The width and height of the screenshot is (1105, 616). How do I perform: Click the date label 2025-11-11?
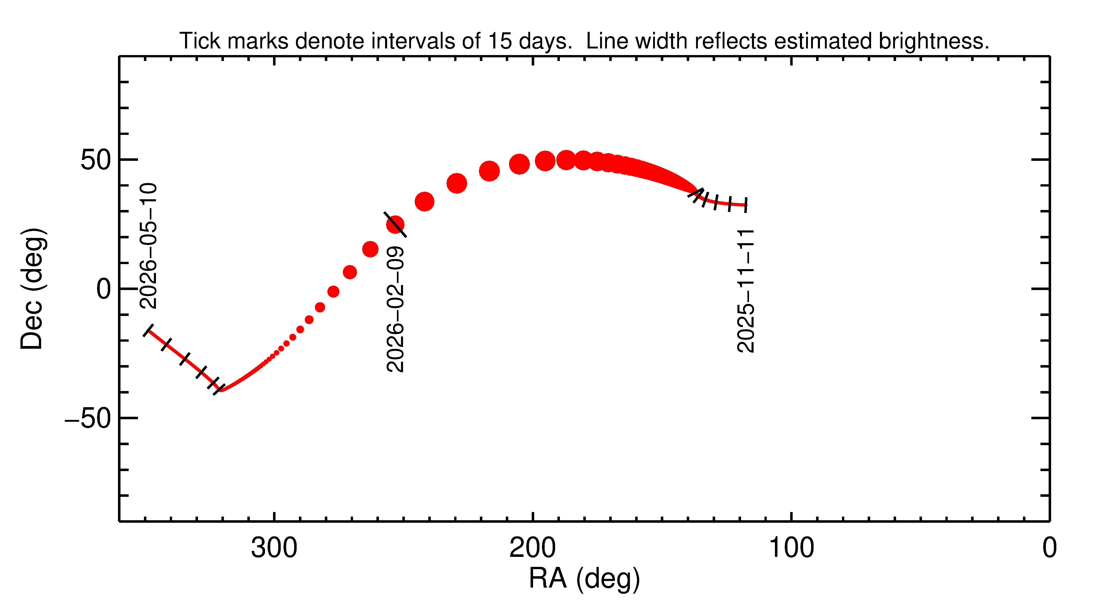point(746,291)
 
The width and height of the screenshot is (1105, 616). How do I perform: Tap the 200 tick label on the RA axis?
point(532,548)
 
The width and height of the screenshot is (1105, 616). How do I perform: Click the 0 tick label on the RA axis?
point(1049,548)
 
